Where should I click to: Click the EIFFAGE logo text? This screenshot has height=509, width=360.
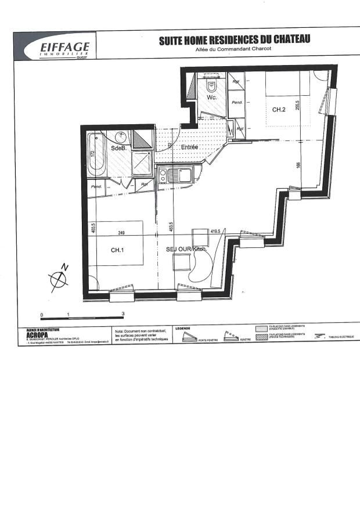click(64, 46)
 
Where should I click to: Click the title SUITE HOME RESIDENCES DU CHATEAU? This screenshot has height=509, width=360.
click(235, 39)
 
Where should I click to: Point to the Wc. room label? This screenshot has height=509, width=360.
click(212, 98)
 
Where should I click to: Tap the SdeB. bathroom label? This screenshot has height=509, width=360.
click(118, 148)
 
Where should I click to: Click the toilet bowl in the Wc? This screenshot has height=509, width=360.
click(211, 86)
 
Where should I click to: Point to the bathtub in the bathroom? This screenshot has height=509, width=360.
click(96, 154)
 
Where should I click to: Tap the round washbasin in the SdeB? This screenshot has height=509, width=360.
click(121, 138)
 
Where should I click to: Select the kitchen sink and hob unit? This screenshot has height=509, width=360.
click(177, 174)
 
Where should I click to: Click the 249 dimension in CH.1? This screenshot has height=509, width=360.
click(122, 233)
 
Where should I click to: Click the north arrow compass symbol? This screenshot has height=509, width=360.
click(60, 279)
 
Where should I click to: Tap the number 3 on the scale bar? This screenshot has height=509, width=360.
click(123, 314)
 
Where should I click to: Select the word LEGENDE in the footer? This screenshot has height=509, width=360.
click(183, 328)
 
